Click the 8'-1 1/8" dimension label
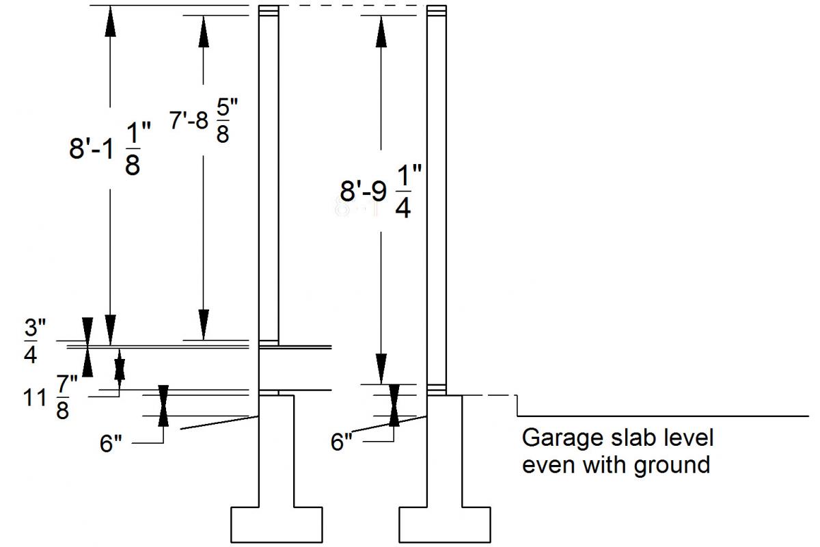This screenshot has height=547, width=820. click(x=105, y=150)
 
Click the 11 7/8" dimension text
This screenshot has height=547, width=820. click(x=46, y=397)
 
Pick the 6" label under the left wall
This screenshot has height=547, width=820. click(x=111, y=444)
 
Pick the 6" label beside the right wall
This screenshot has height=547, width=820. click(x=342, y=442)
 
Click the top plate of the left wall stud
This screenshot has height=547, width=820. click(x=269, y=12)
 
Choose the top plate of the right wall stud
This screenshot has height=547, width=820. click(x=437, y=12)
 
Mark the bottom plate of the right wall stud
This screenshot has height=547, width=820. click(x=437, y=390)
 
